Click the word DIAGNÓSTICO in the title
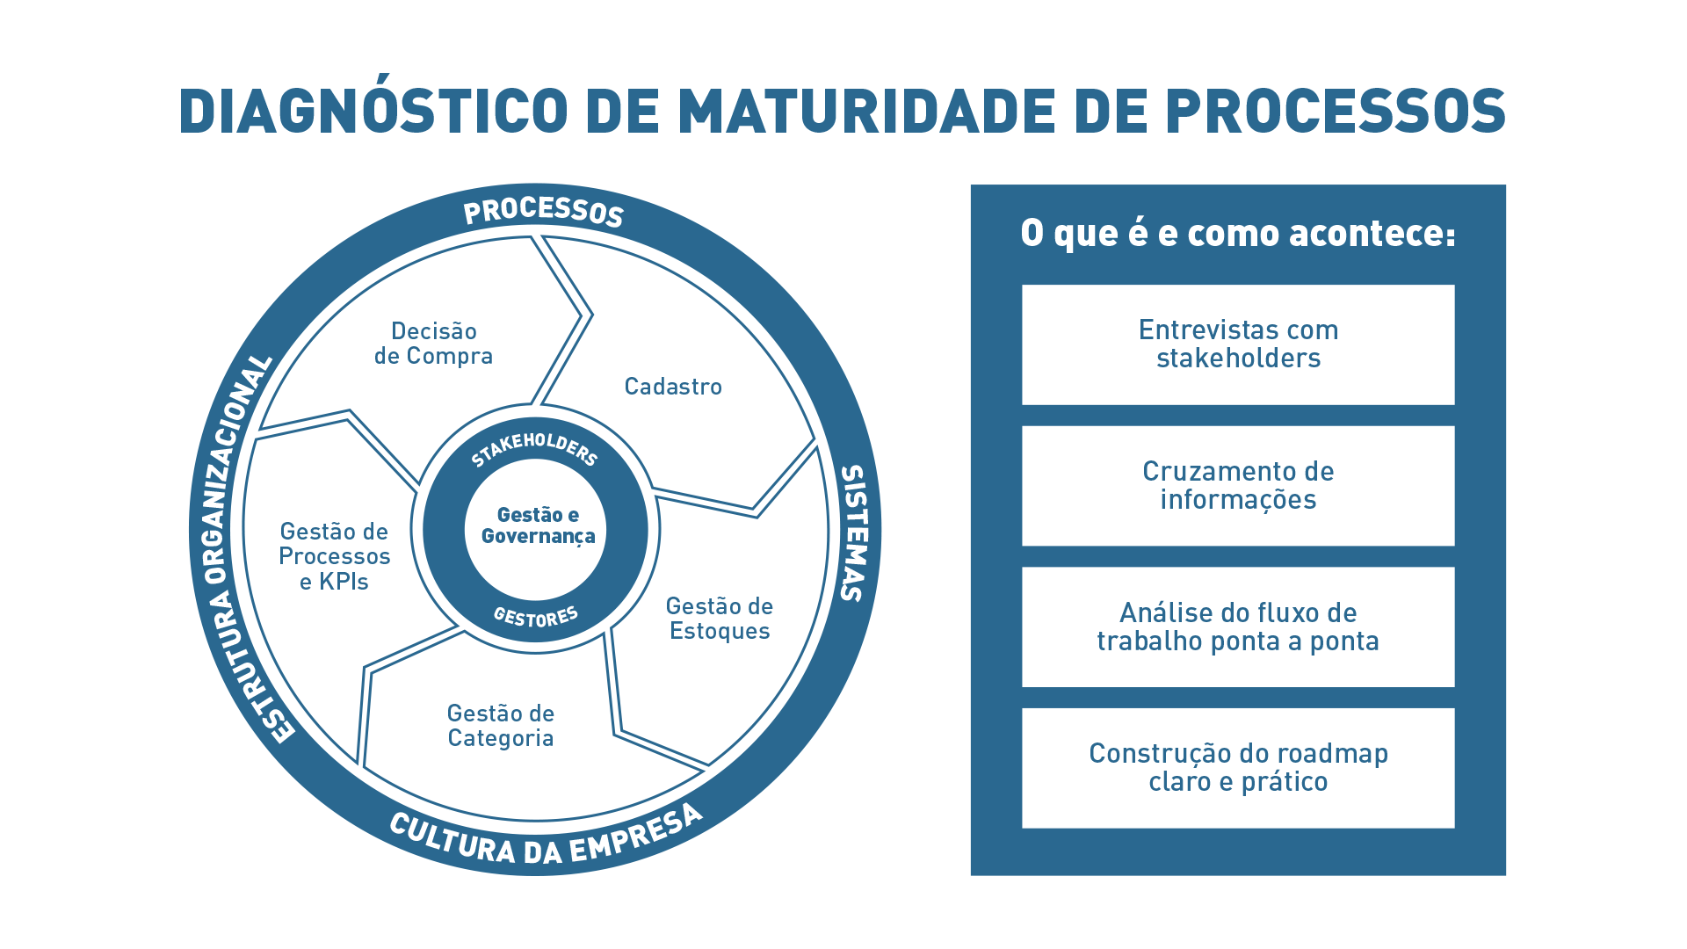(x=373, y=112)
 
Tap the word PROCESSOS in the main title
(x=1336, y=112)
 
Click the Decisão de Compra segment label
(x=433, y=344)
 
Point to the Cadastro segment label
(x=673, y=387)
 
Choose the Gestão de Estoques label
(x=720, y=619)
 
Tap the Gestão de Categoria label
(x=501, y=726)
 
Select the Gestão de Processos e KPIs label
(x=334, y=556)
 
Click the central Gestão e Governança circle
(x=537, y=526)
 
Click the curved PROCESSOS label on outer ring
(x=543, y=212)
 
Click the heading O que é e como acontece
(x=1237, y=234)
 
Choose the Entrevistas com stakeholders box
(x=1238, y=344)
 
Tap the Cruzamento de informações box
(x=1238, y=486)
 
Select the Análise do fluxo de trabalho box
(x=1238, y=627)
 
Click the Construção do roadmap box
(x=1238, y=768)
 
